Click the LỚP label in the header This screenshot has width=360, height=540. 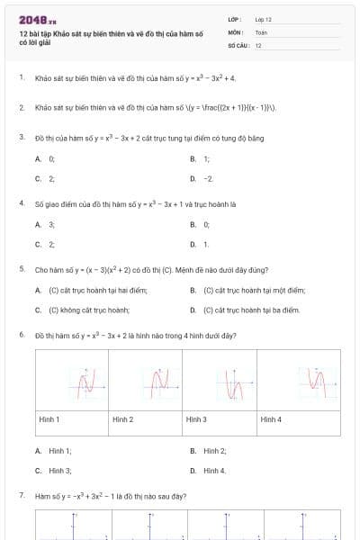[x=235, y=19]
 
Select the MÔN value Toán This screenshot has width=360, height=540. [x=261, y=31]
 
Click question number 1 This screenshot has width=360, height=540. [x=21, y=78]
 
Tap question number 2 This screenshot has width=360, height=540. [x=21, y=107]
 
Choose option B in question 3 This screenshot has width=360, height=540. [x=193, y=158]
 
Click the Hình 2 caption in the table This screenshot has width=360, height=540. [x=122, y=419]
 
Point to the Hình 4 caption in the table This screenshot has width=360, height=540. [x=271, y=419]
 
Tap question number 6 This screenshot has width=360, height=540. [x=21, y=335]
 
